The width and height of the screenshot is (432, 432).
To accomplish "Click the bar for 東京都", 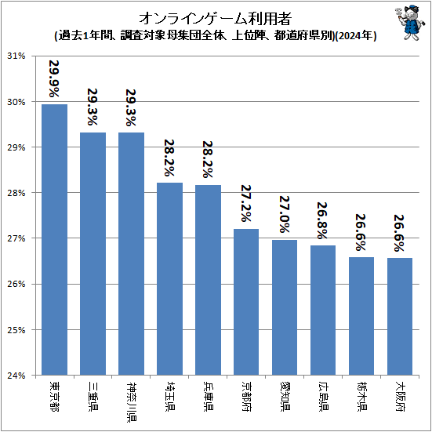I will (x=54, y=239).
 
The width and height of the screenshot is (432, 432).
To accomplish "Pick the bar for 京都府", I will (x=246, y=301).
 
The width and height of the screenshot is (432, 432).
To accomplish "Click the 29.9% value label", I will (x=54, y=78).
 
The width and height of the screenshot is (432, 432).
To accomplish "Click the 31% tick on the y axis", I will (x=16, y=56).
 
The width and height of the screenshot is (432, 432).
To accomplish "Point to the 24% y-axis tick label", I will (x=16, y=375).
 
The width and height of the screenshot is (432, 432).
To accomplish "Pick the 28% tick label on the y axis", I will (x=16, y=193).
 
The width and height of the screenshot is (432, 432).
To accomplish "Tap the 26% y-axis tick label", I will (x=16, y=284).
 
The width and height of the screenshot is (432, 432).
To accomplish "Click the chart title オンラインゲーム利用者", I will (x=216, y=18).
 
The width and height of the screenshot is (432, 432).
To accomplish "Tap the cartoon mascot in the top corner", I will (x=405, y=24).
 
